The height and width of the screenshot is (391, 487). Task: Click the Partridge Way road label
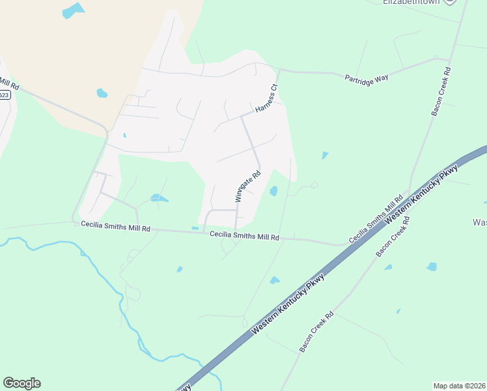point(367,77)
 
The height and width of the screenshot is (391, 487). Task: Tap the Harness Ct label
point(266,98)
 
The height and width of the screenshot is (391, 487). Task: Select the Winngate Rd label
point(247,186)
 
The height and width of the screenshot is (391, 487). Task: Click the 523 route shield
point(4,94)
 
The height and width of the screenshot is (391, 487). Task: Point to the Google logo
point(21,383)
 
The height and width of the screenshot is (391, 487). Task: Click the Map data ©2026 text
point(459,386)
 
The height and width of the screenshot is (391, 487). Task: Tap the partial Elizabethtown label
point(412,2)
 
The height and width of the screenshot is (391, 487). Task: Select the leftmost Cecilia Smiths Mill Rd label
point(115,226)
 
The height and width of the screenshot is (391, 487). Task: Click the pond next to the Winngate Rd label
point(273,191)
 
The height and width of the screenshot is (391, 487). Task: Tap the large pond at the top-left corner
point(73,10)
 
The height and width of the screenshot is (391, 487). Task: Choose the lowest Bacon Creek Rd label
point(316,332)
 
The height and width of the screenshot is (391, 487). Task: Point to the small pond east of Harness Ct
point(324,155)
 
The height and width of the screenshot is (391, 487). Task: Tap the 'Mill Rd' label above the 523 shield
point(9,84)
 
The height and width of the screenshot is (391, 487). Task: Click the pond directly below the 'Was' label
point(431,266)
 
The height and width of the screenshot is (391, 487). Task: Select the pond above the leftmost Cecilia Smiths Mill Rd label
point(158,197)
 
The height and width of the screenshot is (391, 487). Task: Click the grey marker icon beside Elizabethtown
point(450,2)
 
